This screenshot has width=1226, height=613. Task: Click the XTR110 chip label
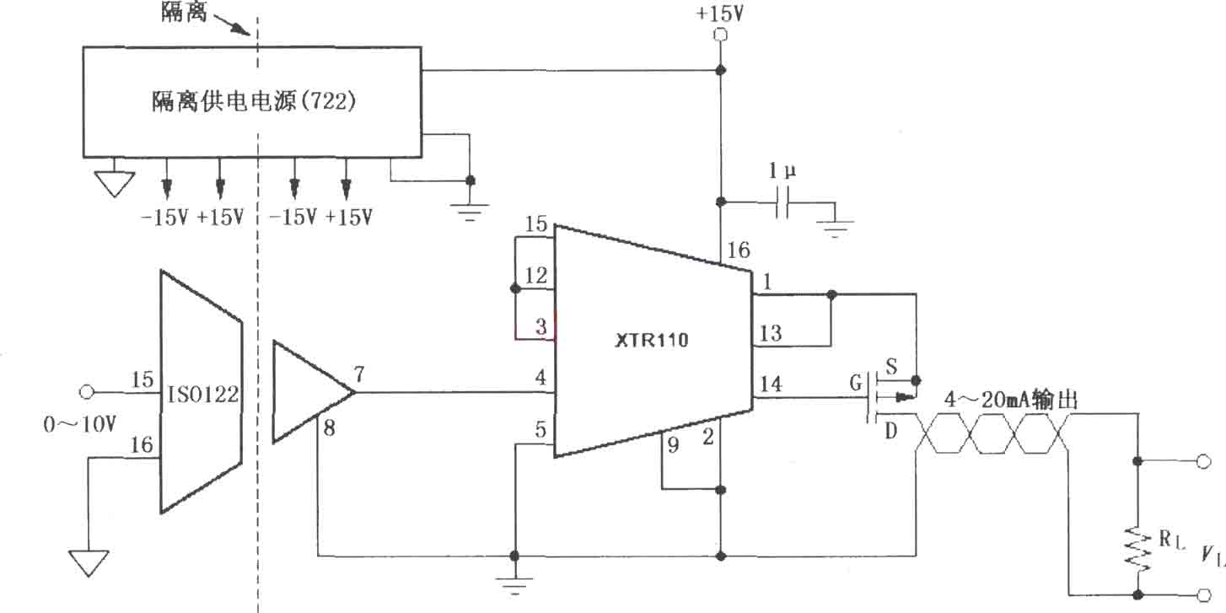pos(651,340)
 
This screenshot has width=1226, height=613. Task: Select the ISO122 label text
pos(202,394)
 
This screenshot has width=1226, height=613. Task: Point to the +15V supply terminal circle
pos(721,35)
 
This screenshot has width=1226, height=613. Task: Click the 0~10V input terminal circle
pos(87,392)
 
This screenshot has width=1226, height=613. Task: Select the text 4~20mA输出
pos(1010,399)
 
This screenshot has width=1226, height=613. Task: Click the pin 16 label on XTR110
pos(739,250)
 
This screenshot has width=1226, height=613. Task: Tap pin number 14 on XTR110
pos(771,384)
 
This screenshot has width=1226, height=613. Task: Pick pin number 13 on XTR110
pos(771,333)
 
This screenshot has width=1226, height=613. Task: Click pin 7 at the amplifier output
pos(359,374)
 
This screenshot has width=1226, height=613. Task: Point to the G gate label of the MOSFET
pos(856,383)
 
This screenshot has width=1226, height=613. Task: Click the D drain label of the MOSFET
pos(891,432)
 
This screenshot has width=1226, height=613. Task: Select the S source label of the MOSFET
pos(891,366)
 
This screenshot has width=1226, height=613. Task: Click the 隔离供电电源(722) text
pos(254,100)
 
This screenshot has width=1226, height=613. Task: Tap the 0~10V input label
pos(79,424)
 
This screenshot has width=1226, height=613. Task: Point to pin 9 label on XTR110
pos(673,444)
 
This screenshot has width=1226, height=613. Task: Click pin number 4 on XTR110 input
pos(540,377)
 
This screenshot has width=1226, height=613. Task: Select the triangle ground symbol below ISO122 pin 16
pos(89,562)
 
